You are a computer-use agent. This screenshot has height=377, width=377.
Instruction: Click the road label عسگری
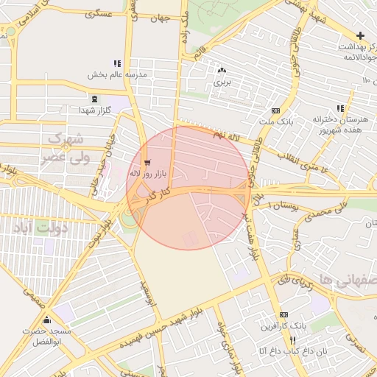click(x=99, y=14)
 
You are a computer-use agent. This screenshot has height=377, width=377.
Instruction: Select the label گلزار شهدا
click(x=94, y=110)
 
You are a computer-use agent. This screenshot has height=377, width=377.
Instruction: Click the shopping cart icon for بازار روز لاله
click(x=148, y=162)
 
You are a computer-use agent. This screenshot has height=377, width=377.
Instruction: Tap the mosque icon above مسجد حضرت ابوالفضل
click(x=48, y=320)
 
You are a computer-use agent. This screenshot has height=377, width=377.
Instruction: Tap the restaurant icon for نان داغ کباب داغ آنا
click(x=292, y=341)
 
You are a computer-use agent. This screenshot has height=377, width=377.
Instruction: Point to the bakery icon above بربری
click(x=221, y=70)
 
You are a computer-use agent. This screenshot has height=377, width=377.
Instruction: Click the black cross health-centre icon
click(x=360, y=35)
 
